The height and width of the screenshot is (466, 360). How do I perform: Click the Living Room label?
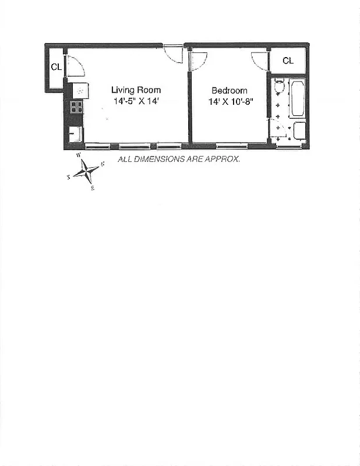tap(136, 90)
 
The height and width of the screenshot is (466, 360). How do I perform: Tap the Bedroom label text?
tap(229, 90)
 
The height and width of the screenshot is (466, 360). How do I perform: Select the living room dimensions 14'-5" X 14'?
tap(136, 101)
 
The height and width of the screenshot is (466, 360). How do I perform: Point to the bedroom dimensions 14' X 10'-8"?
tap(229, 101)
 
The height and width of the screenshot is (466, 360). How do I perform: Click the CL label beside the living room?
tap(56, 67)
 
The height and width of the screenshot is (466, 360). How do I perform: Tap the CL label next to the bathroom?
tap(288, 61)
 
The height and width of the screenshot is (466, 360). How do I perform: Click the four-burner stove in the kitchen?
tap(76, 107)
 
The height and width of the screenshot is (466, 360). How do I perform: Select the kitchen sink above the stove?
tap(80, 90)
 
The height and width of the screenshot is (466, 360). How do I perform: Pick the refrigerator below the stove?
tap(76, 133)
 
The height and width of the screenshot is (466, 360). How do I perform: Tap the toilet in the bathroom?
tap(278, 87)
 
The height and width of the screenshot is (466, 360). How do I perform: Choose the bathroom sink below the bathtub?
tap(299, 130)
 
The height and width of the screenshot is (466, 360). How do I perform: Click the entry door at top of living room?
tap(173, 54)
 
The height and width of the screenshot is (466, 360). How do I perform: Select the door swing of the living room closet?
tap(75, 66)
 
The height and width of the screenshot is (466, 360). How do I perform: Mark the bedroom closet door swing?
tap(260, 61)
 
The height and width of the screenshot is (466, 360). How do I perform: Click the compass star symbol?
tap(86, 171)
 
